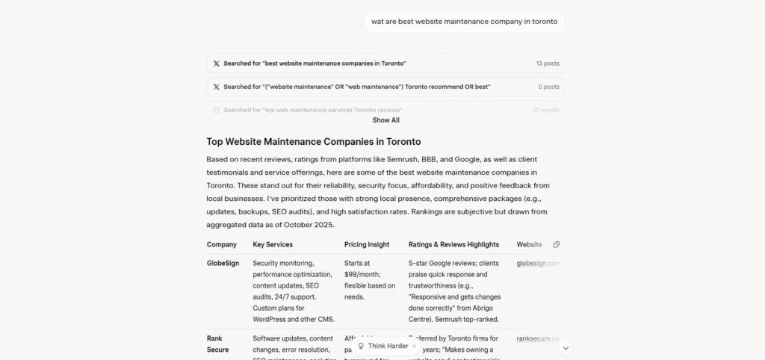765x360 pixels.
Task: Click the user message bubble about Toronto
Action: pos(464,22)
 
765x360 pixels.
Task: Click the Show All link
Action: pos(385,120)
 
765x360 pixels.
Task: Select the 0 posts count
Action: pos(548,87)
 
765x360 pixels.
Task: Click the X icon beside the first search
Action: pos(217,63)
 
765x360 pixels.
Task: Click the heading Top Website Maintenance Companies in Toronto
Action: pos(314,141)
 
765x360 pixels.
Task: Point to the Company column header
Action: pos(222,244)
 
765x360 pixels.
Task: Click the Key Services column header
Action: pos(273,244)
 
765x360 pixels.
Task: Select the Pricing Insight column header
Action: pos(367,244)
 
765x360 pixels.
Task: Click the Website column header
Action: pos(529,244)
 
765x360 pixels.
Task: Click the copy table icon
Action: pos(557,244)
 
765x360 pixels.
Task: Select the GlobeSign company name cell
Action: pos(222,263)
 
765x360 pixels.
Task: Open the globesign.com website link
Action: pos(538,263)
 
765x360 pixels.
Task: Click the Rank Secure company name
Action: pos(217,344)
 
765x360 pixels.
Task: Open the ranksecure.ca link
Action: pos(537,338)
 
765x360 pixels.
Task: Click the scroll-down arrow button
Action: pos(566,347)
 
